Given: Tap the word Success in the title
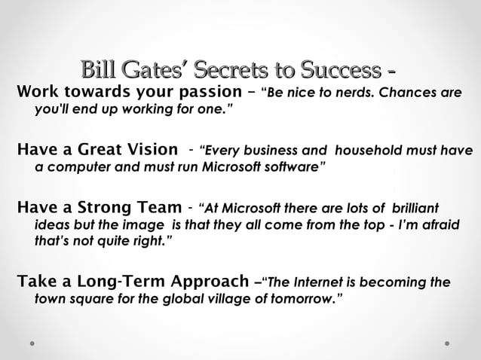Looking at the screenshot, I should click(339, 72).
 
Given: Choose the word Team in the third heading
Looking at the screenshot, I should click(161, 207).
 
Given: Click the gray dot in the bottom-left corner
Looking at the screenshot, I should click(33, 343).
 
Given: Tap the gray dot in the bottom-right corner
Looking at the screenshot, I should click(447, 343).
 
